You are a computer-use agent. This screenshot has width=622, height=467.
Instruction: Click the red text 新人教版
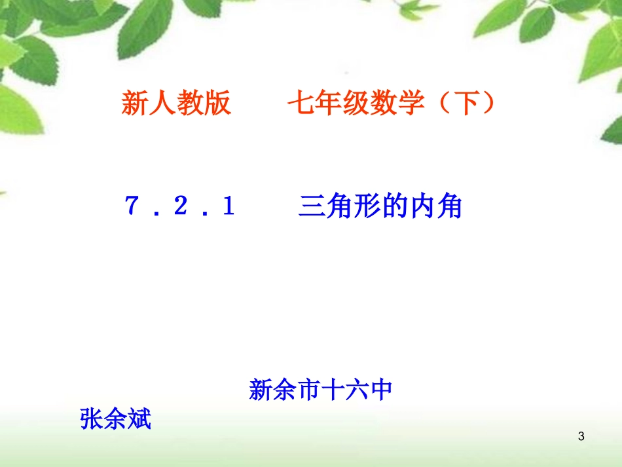tap(176, 103)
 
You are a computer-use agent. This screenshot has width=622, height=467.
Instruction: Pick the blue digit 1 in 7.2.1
tap(228, 208)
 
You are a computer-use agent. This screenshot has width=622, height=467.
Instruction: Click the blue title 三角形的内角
tap(380, 207)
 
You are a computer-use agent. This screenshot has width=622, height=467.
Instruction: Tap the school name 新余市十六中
tap(320, 390)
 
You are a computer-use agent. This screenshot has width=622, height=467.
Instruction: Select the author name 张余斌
tap(115, 419)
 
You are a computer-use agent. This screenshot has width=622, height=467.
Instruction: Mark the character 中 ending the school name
tap(380, 390)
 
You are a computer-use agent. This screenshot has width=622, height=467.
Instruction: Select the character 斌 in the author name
tap(139, 419)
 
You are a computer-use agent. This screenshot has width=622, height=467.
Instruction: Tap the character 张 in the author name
tap(92, 419)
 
